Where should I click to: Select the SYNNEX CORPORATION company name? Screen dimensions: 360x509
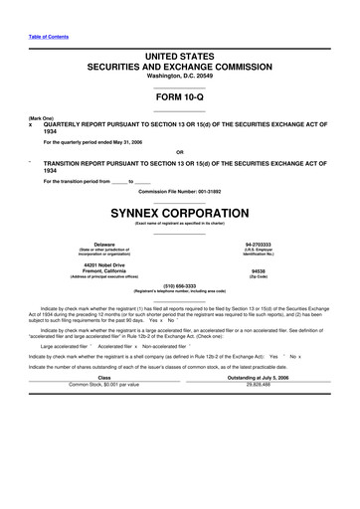(x=179, y=213)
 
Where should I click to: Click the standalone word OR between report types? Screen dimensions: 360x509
(x=179, y=151)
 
